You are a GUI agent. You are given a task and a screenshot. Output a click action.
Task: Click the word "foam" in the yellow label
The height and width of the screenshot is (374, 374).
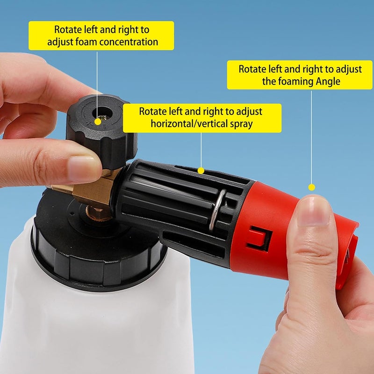(x=86, y=42)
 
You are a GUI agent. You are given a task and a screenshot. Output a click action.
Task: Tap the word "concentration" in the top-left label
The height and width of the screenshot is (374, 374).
(x=129, y=42)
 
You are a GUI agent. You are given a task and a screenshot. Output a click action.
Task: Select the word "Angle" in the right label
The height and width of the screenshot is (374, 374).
(x=328, y=81)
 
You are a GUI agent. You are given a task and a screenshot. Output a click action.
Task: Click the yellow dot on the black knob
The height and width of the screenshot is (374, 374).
(x=98, y=122)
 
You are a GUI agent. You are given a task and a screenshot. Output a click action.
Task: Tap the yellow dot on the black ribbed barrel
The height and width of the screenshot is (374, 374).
(x=201, y=171)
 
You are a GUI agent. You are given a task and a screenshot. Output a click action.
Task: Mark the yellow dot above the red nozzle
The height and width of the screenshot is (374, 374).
(x=311, y=187)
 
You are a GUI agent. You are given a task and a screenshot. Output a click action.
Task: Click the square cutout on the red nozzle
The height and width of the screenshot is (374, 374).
(x=259, y=238)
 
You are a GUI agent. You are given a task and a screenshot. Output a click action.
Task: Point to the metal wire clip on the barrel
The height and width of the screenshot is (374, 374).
(x=216, y=210)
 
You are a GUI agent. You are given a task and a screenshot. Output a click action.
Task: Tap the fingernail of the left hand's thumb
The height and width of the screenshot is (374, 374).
(x=82, y=168)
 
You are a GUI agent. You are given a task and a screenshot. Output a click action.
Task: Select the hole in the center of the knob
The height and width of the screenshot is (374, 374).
(x=102, y=113)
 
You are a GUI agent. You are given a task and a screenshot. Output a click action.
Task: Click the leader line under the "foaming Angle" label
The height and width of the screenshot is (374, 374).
(x=311, y=137)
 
